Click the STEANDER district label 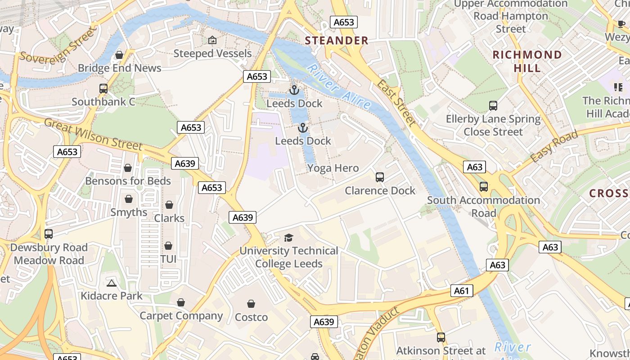click(337, 40)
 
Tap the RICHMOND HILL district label click(527, 61)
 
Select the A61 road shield click(462, 291)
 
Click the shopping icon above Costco click(251, 304)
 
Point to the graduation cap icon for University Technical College click(288, 238)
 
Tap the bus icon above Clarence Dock click(380, 177)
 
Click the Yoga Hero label click(333, 168)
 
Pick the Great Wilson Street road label click(93, 134)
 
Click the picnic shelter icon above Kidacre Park click(112, 283)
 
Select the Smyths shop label click(129, 212)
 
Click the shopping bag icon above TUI click(168, 246)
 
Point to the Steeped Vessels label click(212, 54)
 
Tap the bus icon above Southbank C click(103, 89)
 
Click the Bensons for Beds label click(128, 181)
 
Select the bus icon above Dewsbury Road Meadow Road click(49, 234)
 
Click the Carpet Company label click(181, 316)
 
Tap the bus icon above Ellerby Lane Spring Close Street click(493, 106)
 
